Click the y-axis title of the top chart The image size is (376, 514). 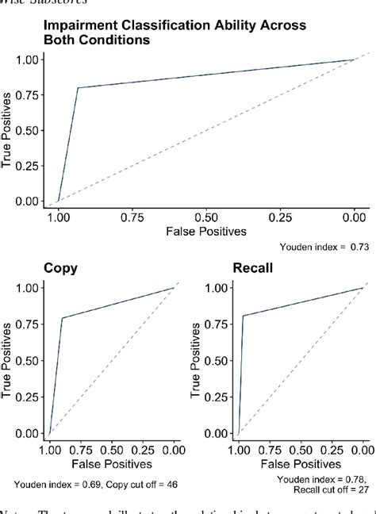coord(10,131)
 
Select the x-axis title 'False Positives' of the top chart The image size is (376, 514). coord(205,231)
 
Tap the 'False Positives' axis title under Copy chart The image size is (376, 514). coord(111,463)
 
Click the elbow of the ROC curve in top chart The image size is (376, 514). coord(78,88)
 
